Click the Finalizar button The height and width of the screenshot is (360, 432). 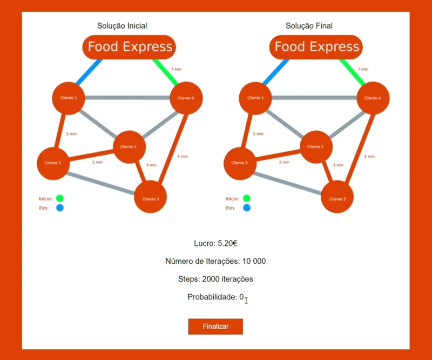[215, 326]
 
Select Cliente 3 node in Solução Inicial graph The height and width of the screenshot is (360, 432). [151, 197]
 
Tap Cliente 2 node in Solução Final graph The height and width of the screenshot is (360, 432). [316, 147]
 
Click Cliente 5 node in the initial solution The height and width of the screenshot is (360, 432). [53, 163]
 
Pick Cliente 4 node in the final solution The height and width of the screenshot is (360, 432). [373, 98]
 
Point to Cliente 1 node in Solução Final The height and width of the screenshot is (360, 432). [255, 98]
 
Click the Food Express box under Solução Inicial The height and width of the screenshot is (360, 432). [129, 47]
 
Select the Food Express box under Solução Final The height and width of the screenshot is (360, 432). [316, 47]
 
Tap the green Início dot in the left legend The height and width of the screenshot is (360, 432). [60, 198]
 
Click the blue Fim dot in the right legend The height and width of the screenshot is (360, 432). [247, 208]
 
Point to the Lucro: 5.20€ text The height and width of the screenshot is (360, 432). [215, 243]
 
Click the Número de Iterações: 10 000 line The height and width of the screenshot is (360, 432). [215, 261]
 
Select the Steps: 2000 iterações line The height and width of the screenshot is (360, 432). [215, 279]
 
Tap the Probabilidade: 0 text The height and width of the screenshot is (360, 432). [215, 297]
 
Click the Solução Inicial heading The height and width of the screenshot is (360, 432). [122, 26]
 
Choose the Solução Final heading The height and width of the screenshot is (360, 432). [309, 26]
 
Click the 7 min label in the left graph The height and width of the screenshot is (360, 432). [176, 69]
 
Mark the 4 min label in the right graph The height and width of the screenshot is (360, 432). [369, 156]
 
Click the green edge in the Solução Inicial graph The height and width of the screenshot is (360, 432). [166, 72]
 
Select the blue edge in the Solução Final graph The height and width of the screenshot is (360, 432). [276, 72]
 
